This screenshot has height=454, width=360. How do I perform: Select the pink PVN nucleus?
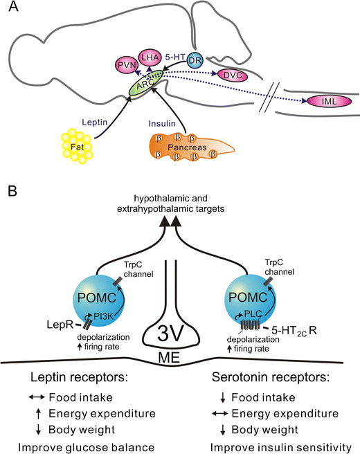click(x=125, y=66)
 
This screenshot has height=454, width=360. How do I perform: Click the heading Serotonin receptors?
click(x=273, y=379)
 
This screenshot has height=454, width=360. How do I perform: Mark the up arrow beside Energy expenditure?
click(x=35, y=413)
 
